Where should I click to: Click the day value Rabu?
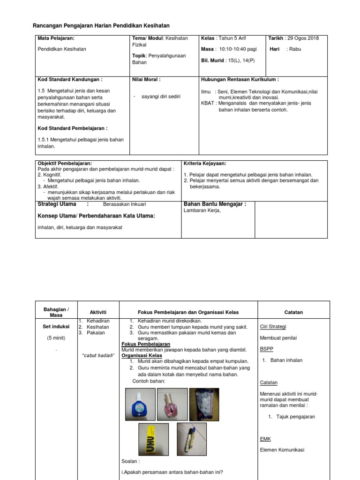pyautogui.click(x=295, y=49)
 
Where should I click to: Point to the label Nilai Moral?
pyautogui.click(x=146, y=80)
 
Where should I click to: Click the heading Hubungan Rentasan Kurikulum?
pyautogui.click(x=240, y=80)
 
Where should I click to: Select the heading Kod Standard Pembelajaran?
pyautogui.click(x=72, y=128)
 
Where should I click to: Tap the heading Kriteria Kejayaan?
pyautogui.click(x=205, y=163)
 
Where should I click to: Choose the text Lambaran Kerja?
pyautogui.click(x=202, y=211)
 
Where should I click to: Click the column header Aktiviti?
pyautogui.click(x=98, y=312)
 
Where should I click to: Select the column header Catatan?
pyautogui.click(x=293, y=312)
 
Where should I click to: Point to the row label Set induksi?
pyautogui.click(x=56, y=327)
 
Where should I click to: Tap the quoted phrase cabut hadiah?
pyautogui.click(x=98, y=355)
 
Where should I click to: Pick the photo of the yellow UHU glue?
pyautogui.click(x=153, y=439)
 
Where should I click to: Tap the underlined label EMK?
pyautogui.click(x=265, y=439)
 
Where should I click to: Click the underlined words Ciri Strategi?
pyautogui.click(x=272, y=327)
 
